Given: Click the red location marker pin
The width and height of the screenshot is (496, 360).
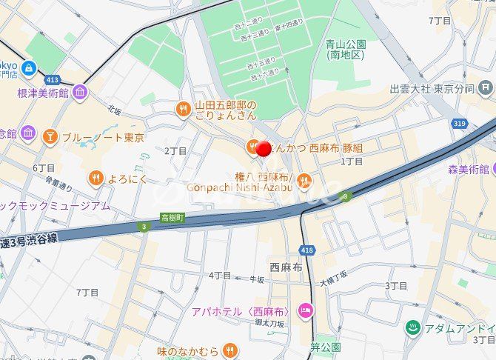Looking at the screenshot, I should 263,148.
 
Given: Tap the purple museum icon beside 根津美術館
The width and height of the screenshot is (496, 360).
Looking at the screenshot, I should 80,93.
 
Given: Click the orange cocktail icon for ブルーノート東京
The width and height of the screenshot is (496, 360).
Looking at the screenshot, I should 50,136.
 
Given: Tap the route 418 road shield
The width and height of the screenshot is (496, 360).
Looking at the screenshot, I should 307,250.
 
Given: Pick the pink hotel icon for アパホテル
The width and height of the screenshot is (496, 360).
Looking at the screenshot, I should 303,310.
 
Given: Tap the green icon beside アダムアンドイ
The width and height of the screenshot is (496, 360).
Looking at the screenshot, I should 412,327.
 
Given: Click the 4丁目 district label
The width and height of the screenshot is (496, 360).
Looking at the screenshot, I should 219,275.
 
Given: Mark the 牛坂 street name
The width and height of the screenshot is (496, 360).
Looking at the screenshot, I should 256,279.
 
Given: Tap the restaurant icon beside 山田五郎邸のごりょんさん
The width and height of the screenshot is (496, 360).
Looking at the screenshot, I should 182,110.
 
